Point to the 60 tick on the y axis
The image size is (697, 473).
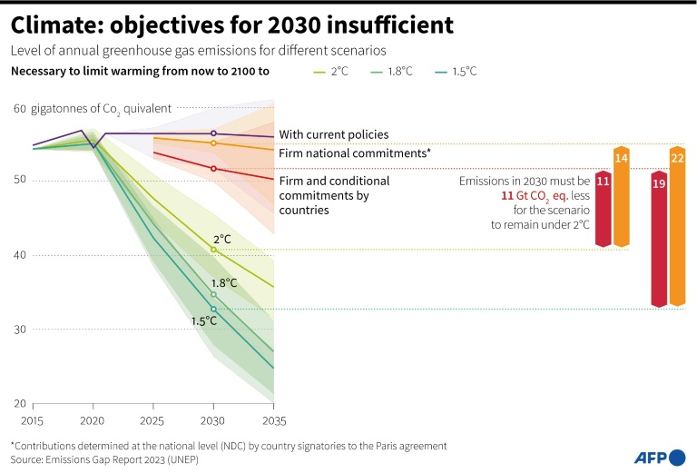coord(19,109)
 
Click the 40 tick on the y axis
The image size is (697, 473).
coord(19,255)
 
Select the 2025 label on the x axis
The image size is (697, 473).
coord(153,421)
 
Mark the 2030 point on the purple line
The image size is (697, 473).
coord(213,133)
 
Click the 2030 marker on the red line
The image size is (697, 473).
coord(213,169)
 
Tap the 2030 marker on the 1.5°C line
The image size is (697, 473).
coord(213,309)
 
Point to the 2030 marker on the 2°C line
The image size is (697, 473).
coord(213,250)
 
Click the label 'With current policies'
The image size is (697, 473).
coord(333,134)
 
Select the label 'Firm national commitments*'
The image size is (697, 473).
coord(354,153)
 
